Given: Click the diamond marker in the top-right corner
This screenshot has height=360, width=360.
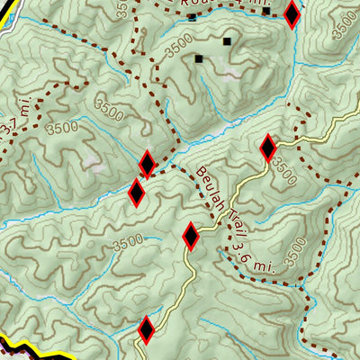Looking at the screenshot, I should (291, 14).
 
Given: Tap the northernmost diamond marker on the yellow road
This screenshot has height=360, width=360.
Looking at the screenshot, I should (267, 148).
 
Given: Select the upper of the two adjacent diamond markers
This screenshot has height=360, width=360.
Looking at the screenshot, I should (148, 165).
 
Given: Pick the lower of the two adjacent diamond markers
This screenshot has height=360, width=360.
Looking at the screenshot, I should (137, 192).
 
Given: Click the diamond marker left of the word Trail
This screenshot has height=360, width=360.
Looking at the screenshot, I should (191, 237).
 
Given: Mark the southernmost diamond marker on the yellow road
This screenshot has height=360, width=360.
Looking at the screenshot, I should (147, 330).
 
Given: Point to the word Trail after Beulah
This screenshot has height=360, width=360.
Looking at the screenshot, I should (221, 212).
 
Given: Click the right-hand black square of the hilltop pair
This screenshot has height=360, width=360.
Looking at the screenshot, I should (228, 41).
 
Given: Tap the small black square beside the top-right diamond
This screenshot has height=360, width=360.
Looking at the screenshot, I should (267, 11).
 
